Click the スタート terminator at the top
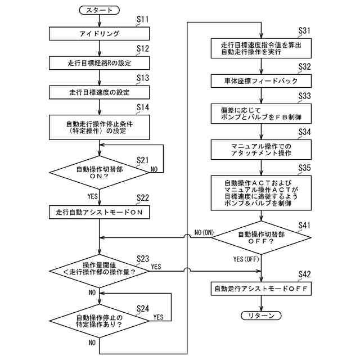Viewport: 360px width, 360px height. (99, 10)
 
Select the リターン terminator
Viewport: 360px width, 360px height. (261, 316)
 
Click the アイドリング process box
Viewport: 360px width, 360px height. (99, 34)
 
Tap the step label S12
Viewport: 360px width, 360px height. (142, 48)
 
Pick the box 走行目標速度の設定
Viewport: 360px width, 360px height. (99, 92)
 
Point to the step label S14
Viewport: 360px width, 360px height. (142, 107)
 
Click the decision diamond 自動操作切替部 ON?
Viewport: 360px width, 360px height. (99, 173)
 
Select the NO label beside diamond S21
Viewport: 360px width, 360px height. (154, 169)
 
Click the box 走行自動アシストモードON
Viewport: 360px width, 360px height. (99, 212)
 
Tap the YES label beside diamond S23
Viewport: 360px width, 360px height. (156, 267)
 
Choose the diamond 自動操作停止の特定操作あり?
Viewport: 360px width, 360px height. (99, 321)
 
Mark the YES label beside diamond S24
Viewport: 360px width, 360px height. (159, 317)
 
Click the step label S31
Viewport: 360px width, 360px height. (304, 30)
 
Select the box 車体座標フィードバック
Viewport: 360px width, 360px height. (261, 81)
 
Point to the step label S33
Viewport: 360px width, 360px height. (304, 96)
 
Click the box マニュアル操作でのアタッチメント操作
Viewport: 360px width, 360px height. (261, 150)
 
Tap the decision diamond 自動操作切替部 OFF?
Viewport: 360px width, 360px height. (261, 237)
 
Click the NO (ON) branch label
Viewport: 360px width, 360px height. (204, 232)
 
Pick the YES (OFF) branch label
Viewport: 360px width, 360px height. (246, 259)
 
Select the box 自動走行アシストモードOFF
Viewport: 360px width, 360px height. (261, 289)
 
